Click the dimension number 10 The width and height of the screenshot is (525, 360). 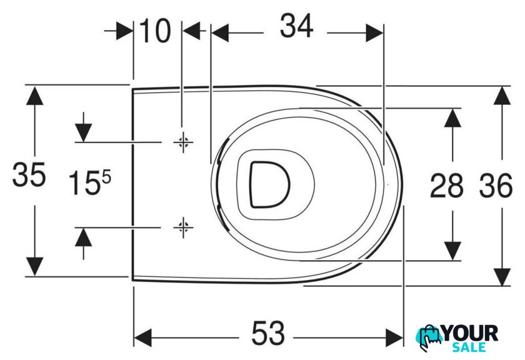click(x=155, y=31)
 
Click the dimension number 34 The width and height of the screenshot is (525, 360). click(x=296, y=26)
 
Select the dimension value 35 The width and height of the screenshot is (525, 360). click(x=29, y=174)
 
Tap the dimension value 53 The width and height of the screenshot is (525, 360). click(x=268, y=333)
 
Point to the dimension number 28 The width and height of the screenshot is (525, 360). click(x=446, y=185)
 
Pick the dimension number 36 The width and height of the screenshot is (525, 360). click(x=496, y=185)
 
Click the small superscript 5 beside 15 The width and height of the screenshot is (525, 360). click(x=106, y=177)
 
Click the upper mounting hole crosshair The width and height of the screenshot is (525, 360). click(x=183, y=142)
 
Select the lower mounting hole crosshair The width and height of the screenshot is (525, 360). click(x=183, y=227)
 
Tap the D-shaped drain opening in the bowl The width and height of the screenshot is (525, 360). click(x=269, y=184)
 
